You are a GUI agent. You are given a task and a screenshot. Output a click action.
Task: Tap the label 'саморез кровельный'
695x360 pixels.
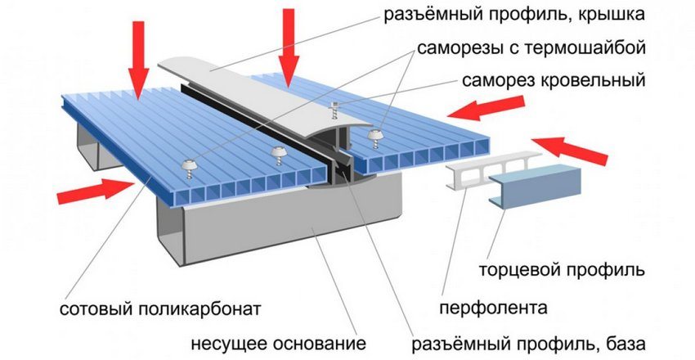coord(554,81)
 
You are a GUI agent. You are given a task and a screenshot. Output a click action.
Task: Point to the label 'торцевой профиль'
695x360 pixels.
coord(587,269)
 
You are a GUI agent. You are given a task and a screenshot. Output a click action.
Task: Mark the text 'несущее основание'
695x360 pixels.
coord(278,341)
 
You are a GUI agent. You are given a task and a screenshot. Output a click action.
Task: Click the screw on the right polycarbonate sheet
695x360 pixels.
coord(375,134)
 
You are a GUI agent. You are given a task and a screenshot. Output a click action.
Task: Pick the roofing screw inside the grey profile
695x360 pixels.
coord(334,108)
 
